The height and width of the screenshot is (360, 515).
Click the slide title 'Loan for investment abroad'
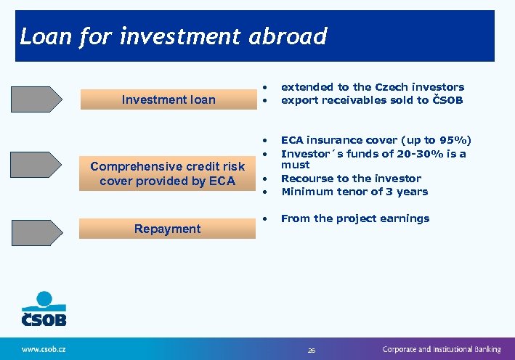coord(174,36)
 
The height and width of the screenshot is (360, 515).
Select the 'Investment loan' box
coord(168,99)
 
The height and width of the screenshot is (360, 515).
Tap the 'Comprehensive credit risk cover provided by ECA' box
coord(168,174)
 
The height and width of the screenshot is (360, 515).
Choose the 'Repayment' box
coord(168,229)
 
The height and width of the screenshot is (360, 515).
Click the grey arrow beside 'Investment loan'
coord(36,99)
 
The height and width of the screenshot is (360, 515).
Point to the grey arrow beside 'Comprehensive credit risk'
coord(36,165)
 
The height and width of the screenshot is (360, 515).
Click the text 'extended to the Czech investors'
coord(372,87)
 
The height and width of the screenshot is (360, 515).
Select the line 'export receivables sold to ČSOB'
coord(371,100)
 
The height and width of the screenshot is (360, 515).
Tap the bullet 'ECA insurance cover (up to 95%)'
coord(376,140)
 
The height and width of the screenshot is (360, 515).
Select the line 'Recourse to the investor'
coord(351,179)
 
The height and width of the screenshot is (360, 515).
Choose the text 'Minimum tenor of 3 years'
coord(354,192)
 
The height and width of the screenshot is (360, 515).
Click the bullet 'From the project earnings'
coord(354,218)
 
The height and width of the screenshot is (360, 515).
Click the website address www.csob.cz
coord(44,349)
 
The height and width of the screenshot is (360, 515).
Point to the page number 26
coord(312,350)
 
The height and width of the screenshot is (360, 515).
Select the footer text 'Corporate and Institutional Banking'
coord(442,349)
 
